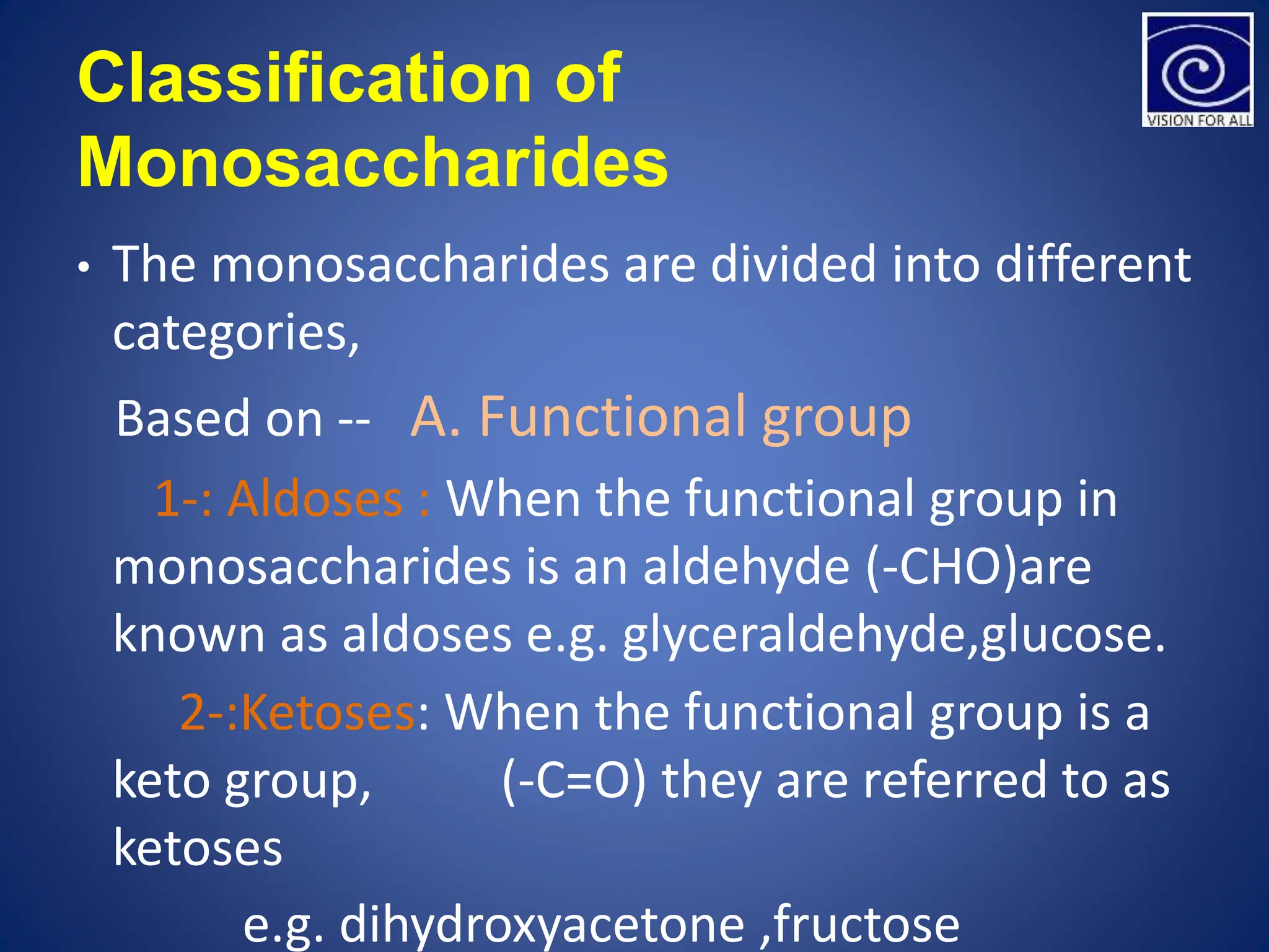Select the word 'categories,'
coord(236,333)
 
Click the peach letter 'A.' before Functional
coord(436,417)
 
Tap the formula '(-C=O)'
coord(574,781)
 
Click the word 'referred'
coord(955,780)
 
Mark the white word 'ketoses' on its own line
coord(198,848)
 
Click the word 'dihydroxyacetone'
coord(542,924)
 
